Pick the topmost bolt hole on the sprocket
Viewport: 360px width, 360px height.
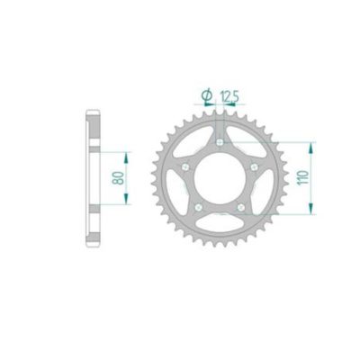(220, 140)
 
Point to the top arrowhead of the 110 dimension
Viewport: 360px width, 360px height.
(311, 144)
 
